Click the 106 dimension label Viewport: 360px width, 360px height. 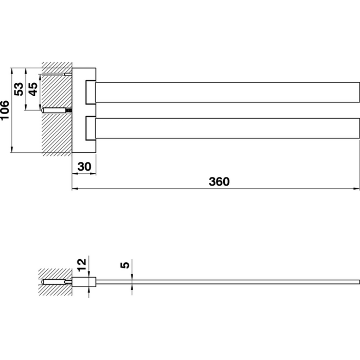(5, 110)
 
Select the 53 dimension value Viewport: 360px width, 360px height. (19, 89)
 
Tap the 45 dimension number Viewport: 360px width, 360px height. (33, 89)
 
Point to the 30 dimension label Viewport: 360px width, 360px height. (84, 167)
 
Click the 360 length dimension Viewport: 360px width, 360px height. (219, 182)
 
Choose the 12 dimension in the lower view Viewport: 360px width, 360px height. (82, 265)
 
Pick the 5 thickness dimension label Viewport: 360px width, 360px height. (125, 265)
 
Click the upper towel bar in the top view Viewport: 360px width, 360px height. (227, 92)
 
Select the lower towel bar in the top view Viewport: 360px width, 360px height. (227, 128)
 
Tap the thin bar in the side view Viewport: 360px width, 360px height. (227, 282)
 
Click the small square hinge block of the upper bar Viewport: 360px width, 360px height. (91, 92)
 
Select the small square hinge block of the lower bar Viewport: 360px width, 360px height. (91, 128)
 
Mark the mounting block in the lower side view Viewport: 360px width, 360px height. (84, 282)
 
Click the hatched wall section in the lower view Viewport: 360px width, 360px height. (55, 282)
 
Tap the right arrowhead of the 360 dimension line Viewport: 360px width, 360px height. (357, 189)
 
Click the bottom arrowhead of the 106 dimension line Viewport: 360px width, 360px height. (11, 149)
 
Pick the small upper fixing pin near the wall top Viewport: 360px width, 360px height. (68, 74)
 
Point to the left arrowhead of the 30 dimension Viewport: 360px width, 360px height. (75, 174)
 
